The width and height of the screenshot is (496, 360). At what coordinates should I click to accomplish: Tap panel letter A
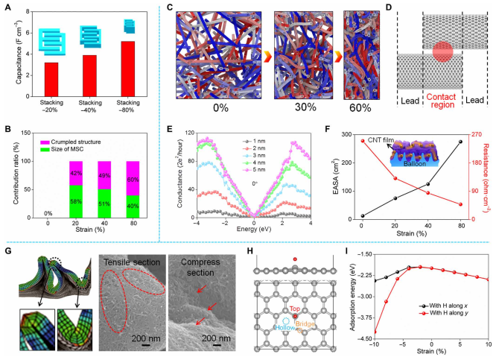point(6,6)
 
